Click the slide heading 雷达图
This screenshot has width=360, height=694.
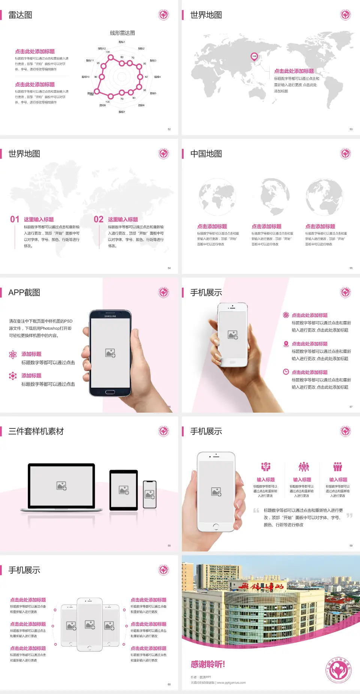[x=20, y=15]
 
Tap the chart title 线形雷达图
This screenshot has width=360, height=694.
[x=122, y=33]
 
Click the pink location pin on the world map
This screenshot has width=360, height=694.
[x=254, y=57]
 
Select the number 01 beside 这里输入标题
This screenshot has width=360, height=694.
[x=15, y=219]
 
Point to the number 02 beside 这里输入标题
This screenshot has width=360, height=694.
[x=99, y=219]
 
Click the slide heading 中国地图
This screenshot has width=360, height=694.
[x=206, y=154]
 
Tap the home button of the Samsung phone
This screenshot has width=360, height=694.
[x=110, y=392]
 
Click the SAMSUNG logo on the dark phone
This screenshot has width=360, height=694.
[x=110, y=316]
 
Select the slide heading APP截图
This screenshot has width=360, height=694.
[x=24, y=293]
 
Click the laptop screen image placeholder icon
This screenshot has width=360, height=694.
[x=61, y=486]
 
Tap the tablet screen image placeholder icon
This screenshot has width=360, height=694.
[x=124, y=490]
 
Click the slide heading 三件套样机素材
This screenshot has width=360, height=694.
[x=36, y=431]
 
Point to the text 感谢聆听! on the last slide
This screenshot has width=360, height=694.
[x=207, y=664]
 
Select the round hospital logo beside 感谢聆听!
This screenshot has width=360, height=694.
[x=338, y=670]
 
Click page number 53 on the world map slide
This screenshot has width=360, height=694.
[x=351, y=129]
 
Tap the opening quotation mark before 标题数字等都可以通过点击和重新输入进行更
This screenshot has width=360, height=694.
[x=256, y=511]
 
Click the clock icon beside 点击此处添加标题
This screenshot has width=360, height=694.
[x=286, y=372]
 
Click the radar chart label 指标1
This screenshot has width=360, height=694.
[x=122, y=42]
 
